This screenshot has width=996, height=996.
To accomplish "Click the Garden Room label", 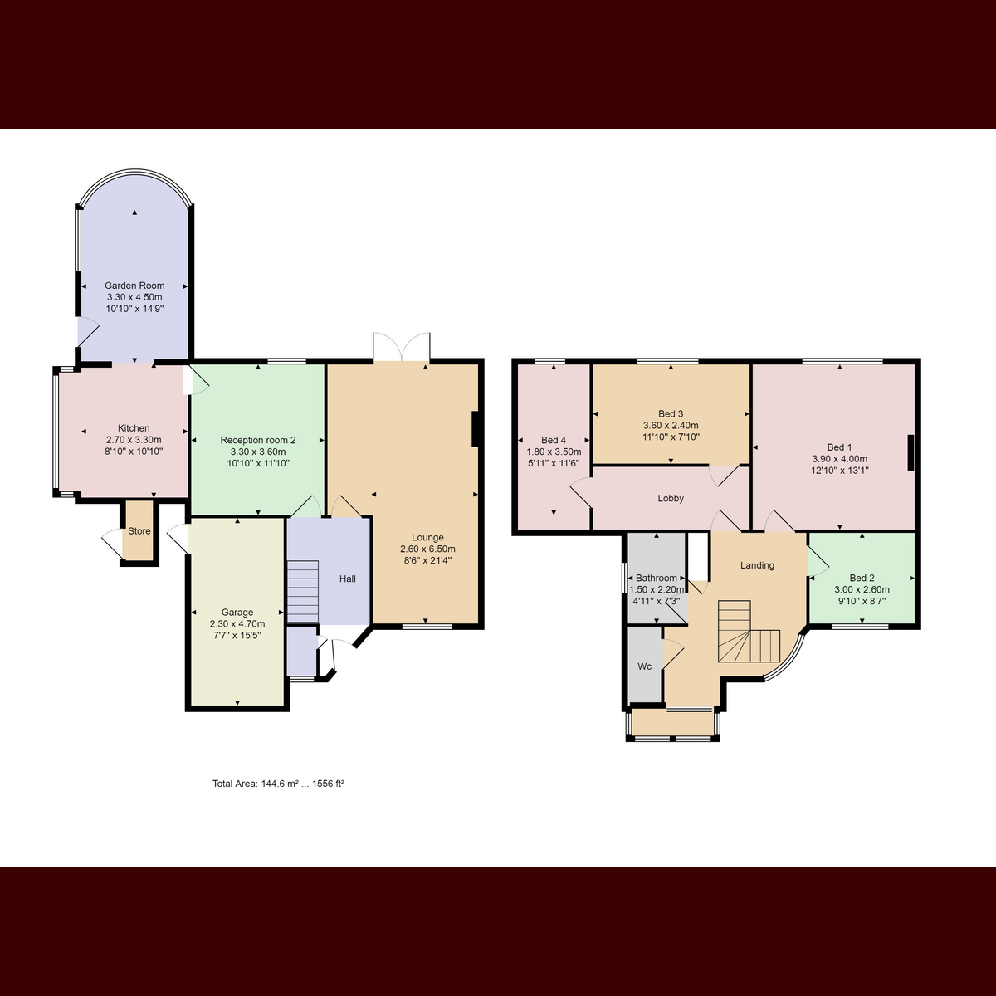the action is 134,286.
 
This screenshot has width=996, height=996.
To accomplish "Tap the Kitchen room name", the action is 134,428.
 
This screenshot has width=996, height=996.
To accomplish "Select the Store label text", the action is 139,531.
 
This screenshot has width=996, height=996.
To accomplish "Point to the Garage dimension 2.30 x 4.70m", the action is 237,624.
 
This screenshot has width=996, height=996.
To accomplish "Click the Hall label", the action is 347,579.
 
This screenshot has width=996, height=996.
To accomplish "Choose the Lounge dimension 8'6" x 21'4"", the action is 427,560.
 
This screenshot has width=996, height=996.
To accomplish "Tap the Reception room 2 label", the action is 258,441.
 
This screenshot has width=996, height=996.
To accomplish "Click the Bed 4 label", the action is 554,441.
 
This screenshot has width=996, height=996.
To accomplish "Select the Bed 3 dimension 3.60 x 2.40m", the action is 671,426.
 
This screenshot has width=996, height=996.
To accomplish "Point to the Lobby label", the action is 671,498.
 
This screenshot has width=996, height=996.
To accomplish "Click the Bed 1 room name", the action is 839,447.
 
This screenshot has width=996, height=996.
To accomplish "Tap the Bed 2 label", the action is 862,578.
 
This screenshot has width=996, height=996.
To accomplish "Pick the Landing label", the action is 757,565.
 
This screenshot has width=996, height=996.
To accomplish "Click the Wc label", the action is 645,666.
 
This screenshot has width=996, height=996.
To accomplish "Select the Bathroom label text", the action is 656,578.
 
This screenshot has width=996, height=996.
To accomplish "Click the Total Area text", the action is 278,784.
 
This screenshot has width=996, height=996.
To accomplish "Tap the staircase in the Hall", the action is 303,591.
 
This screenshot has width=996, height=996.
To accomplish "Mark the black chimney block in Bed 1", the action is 911,453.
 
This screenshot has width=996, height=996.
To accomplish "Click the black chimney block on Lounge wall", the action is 475,429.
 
